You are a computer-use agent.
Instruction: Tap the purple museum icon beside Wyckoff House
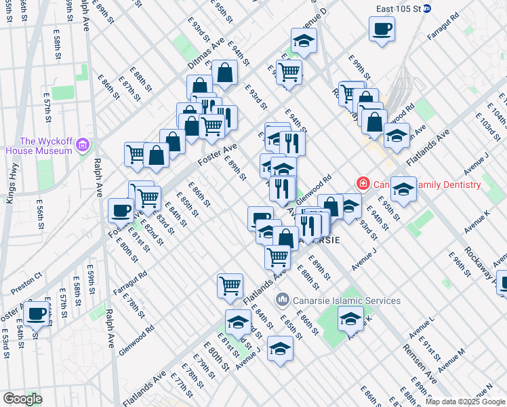83,145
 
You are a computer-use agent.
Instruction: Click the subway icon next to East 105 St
437,9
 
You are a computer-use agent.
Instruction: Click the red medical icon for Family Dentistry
363,184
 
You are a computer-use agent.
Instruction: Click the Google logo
22,398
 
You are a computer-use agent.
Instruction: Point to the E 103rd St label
487,125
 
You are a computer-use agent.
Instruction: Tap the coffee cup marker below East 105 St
382,31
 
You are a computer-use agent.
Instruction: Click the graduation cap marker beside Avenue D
304,41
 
